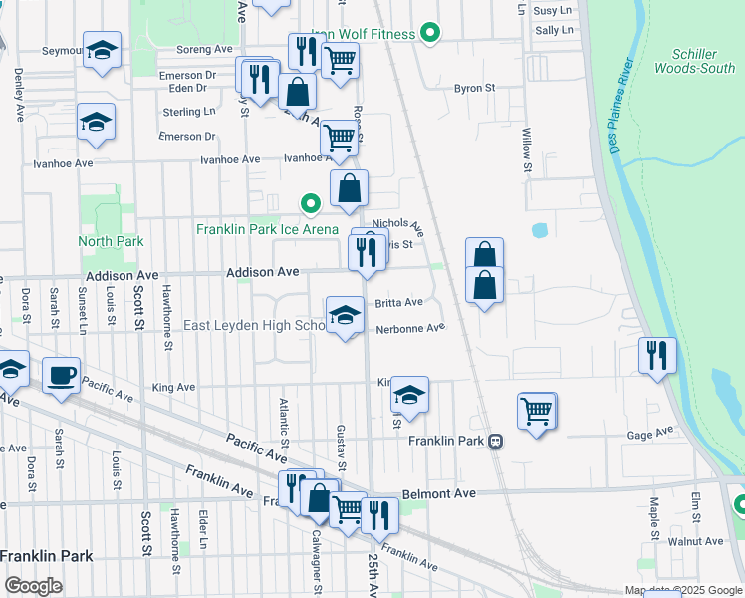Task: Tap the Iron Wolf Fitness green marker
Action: [430, 34]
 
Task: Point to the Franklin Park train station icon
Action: [495, 441]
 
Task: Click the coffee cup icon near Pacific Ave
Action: [62, 374]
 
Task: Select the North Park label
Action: [112, 241]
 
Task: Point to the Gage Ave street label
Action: [650, 435]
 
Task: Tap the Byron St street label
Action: [475, 88]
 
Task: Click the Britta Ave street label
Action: [398, 302]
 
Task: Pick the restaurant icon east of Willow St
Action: [657, 354]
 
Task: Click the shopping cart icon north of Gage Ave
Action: [536, 409]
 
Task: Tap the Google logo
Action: [33, 586]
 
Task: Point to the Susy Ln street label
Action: [554, 10]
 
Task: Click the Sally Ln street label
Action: [554, 31]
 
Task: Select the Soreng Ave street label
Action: [204, 48]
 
